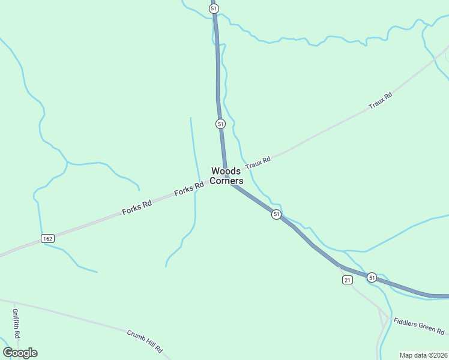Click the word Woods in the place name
(x=226, y=171)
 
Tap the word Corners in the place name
(x=227, y=181)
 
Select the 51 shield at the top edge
(x=214, y=8)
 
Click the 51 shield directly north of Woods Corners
(x=220, y=124)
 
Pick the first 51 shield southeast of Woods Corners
(x=276, y=214)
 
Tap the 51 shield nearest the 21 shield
(x=372, y=277)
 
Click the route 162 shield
(x=48, y=238)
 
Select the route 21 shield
(x=347, y=280)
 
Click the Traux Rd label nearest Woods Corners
(x=258, y=161)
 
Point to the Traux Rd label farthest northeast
(x=380, y=100)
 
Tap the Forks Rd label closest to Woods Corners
(x=188, y=190)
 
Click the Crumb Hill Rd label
(x=145, y=341)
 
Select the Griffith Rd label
(x=16, y=323)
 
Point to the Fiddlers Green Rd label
(x=419, y=326)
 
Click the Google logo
(x=20, y=352)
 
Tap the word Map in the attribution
(x=407, y=355)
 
